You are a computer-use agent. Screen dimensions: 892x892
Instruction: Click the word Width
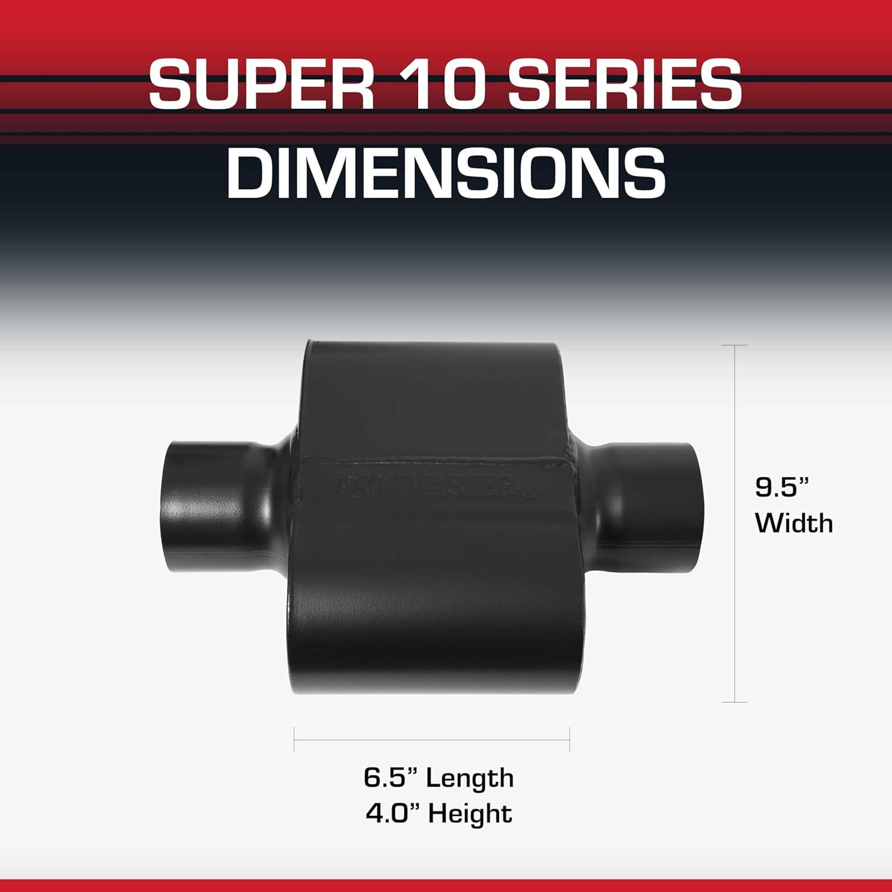coord(794,523)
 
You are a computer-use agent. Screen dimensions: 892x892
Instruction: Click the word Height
coord(470,813)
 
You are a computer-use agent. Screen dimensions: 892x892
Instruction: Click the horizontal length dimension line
coord(432,740)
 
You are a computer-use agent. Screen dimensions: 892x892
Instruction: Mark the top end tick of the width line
coord(736,345)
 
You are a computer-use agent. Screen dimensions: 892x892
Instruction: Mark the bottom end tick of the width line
coord(736,702)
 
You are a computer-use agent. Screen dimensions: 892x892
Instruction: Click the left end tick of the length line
coord(294,740)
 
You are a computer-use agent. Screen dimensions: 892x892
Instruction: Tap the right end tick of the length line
coord(570,740)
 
